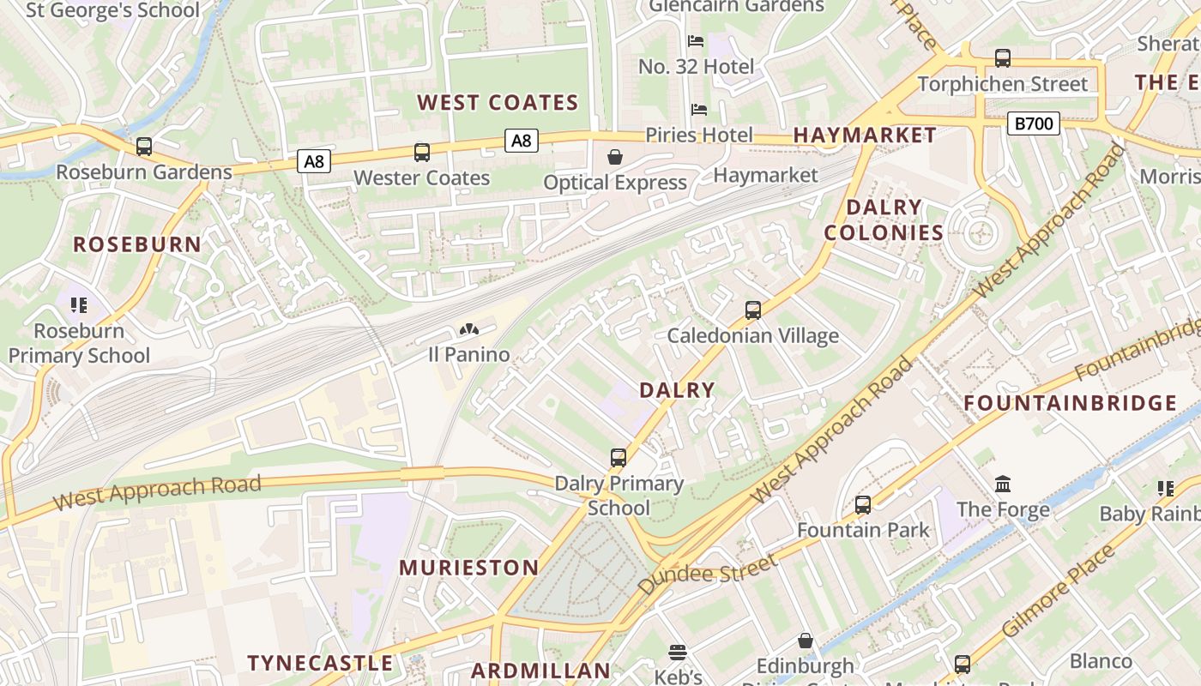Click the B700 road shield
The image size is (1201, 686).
click(1033, 123)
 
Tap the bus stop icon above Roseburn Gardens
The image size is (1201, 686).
click(143, 147)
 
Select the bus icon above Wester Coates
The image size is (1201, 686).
click(421, 153)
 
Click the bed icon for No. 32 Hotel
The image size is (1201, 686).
click(696, 41)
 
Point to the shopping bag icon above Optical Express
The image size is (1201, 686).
click(615, 157)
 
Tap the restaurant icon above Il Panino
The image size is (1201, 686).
click(468, 329)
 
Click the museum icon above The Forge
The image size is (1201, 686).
click(1003, 484)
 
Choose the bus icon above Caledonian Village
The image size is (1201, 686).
click(752, 310)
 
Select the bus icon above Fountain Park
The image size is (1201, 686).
click(862, 505)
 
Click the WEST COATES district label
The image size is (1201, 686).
click(498, 103)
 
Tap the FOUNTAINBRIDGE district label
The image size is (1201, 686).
click(1070, 403)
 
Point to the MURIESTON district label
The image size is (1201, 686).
click(469, 568)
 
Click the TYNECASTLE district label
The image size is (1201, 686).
click(320, 663)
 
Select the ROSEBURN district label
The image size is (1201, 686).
click(137, 244)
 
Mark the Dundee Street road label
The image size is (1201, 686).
click(708, 575)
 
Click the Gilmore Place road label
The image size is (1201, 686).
click(1060, 591)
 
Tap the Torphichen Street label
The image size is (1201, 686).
click(1002, 84)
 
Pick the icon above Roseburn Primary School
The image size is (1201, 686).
click(79, 305)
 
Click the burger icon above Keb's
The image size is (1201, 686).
click(678, 653)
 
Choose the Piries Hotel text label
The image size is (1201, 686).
click(698, 135)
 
